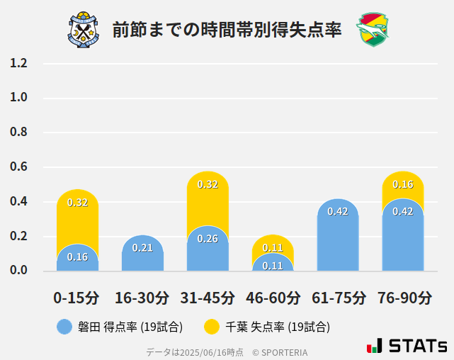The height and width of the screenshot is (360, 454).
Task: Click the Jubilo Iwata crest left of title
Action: tap(84, 29)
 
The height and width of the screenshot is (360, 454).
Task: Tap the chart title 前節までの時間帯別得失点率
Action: tap(227, 30)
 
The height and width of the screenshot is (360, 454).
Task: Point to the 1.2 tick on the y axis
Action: tap(18, 63)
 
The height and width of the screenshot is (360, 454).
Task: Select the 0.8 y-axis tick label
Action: tap(18, 133)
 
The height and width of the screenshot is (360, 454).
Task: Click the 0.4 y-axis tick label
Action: tap(18, 202)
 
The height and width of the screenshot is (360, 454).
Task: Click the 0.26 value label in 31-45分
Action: tap(208, 239)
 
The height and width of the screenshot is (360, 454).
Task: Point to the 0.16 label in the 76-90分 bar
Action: tap(403, 184)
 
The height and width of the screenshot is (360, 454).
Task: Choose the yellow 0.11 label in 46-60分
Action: tap(273, 248)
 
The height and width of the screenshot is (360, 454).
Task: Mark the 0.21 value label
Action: tap(142, 248)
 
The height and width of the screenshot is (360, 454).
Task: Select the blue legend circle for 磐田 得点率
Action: tap(64, 327)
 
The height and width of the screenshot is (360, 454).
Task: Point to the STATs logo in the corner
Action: tap(407, 347)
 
